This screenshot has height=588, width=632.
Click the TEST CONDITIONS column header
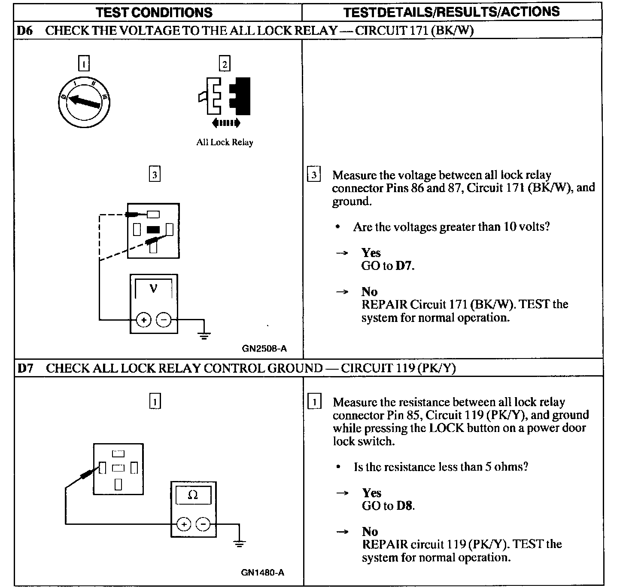pyautogui.click(x=155, y=12)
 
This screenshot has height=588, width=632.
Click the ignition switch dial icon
pyautogui.click(x=84, y=101)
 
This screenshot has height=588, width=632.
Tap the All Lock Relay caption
pyautogui.click(x=225, y=142)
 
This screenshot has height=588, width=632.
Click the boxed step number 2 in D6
pyautogui.click(x=225, y=64)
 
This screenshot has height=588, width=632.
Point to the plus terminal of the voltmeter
pyautogui.click(x=143, y=320)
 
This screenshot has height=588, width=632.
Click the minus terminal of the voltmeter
pyautogui.click(x=164, y=320)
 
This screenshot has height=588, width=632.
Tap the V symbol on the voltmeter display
pyautogui.click(x=153, y=288)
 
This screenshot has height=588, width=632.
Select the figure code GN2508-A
pyautogui.click(x=264, y=349)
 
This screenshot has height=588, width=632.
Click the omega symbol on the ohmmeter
pyautogui.click(x=193, y=495)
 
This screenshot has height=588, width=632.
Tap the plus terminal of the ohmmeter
pyautogui.click(x=183, y=524)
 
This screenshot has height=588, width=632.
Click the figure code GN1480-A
pyautogui.click(x=262, y=572)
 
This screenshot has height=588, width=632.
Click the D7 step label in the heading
pyautogui.click(x=25, y=368)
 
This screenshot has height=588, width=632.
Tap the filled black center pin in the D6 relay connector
pyautogui.click(x=153, y=230)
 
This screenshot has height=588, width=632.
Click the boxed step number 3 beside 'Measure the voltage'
pyautogui.click(x=314, y=175)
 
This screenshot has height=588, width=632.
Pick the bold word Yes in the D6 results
pyautogui.click(x=371, y=252)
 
